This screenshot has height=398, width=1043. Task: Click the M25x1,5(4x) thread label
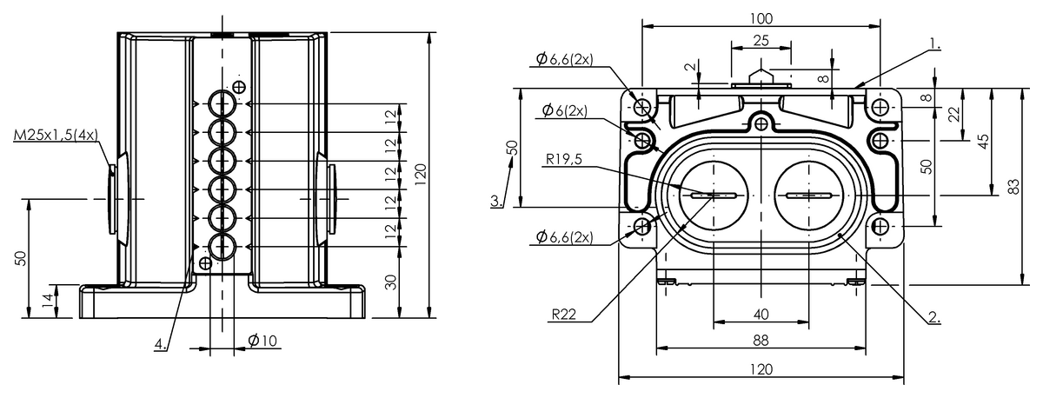click(56, 136)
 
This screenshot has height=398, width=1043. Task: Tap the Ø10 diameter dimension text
click(262, 341)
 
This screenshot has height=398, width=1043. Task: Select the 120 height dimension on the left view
click(421, 175)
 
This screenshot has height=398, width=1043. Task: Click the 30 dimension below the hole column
click(392, 282)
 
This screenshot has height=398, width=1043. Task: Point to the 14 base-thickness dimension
click(49, 301)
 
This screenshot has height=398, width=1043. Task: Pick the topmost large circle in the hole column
click(223, 103)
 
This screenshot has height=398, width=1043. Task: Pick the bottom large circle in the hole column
click(223, 246)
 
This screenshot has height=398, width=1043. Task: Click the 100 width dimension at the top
click(761, 18)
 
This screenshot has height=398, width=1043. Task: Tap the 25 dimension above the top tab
click(761, 41)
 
